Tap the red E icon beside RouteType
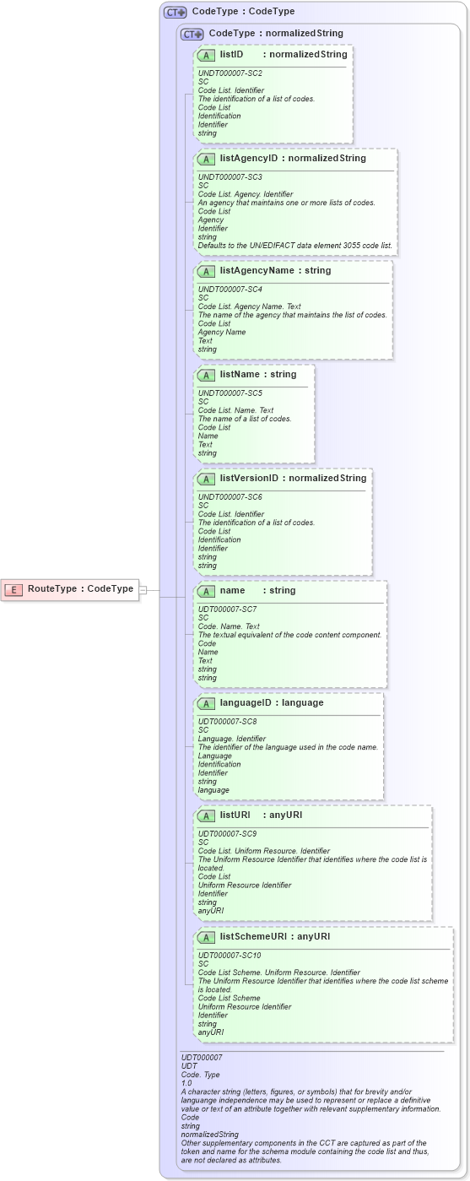click(14, 589)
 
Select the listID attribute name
click(232, 54)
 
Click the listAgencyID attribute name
click(249, 158)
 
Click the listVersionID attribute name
click(249, 479)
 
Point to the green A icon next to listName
click(206, 374)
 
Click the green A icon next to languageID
click(206, 702)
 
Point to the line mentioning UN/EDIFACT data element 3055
click(294, 246)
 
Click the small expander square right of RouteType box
click(143, 589)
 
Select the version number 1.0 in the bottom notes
click(186, 1083)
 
